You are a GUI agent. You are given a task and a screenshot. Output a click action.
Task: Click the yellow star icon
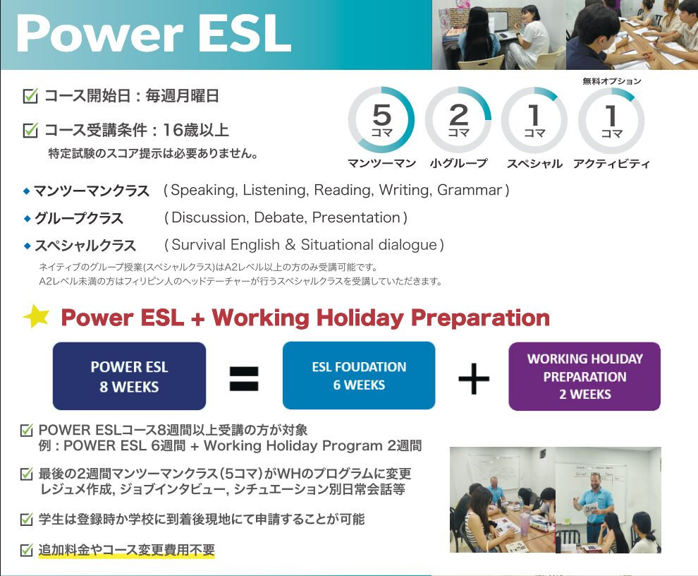coord(36,316)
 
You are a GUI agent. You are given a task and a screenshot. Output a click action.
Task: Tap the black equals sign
coord(244,378)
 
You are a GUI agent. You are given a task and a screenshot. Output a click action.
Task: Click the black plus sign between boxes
coord(474,378)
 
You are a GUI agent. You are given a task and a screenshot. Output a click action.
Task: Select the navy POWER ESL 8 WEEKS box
coord(129,376)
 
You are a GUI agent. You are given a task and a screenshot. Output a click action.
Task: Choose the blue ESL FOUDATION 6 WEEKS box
coord(359,376)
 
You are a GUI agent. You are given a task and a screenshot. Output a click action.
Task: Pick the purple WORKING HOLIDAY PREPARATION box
coord(584,376)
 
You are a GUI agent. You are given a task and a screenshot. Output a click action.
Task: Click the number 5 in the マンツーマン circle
coord(381,115)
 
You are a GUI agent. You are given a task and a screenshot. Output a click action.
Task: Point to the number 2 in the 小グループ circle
coord(458,115)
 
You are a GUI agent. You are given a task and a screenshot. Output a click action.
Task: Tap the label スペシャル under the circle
coord(534,164)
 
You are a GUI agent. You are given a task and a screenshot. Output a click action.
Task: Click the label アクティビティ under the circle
coord(611,164)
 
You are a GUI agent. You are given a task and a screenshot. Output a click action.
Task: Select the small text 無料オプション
coord(612,81)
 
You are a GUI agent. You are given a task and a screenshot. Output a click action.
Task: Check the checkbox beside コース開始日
coord(30,96)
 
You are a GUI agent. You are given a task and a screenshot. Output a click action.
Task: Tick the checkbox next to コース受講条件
coord(30,130)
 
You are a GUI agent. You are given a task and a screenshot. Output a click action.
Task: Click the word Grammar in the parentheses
coord(470,191)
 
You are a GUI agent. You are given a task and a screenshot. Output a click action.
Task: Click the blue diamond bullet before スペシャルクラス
coord(27,246)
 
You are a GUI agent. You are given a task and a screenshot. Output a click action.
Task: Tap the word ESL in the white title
coord(245,34)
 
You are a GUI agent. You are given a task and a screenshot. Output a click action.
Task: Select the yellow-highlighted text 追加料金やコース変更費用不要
coord(126,550)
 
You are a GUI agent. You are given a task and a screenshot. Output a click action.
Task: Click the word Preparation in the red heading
coord(480,318)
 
